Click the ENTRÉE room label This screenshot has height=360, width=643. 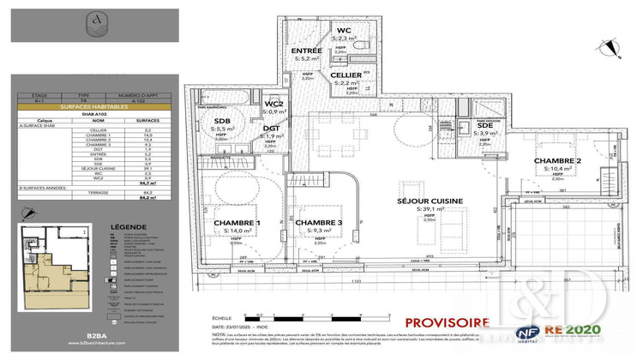(307, 51)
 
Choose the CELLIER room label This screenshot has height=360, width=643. (346, 75)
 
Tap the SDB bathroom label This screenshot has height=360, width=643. (222, 121)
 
